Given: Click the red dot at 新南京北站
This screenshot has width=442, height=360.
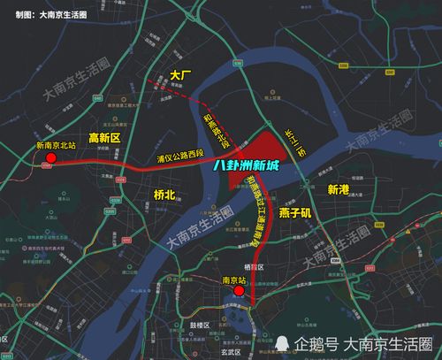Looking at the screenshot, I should [50, 158].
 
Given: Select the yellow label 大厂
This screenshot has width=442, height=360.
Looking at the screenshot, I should [183, 77].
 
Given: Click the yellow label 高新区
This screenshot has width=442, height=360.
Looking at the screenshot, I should [105, 138].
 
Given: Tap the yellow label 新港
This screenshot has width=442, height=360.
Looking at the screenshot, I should [339, 189].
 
